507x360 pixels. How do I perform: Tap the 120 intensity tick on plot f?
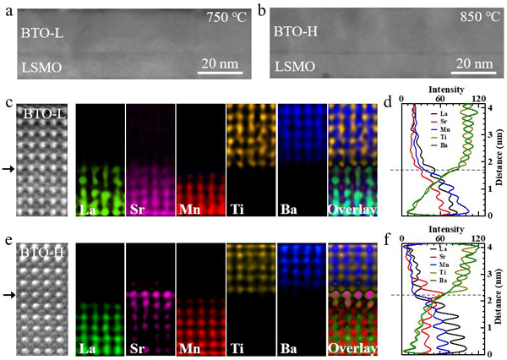(481, 237)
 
